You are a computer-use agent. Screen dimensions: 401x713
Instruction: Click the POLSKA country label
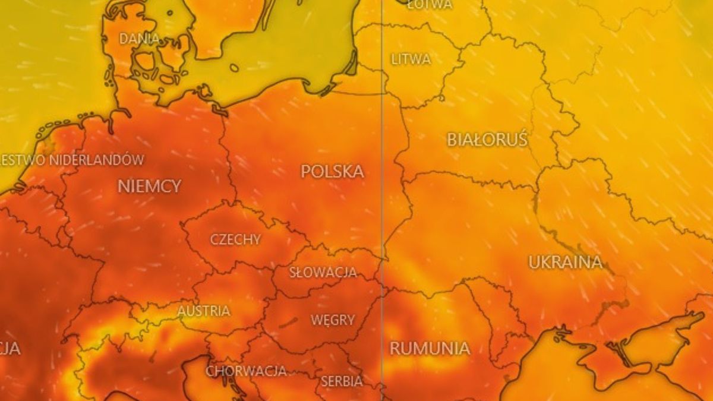point(332,172)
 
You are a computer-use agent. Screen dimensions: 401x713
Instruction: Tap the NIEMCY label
point(149,186)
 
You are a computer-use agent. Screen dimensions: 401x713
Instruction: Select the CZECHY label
point(235,239)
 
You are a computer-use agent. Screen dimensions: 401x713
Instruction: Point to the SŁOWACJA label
point(323,273)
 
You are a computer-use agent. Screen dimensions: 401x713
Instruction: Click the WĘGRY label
point(333,320)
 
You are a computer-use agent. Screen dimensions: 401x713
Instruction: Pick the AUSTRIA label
point(204,311)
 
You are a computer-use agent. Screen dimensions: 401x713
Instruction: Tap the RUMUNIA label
point(430,348)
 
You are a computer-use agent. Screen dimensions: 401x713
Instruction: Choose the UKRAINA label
point(565,262)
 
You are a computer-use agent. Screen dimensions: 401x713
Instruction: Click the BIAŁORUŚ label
point(487,140)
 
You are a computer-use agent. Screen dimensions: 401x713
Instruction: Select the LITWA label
point(411,59)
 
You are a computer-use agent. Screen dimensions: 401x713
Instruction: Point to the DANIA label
point(140,39)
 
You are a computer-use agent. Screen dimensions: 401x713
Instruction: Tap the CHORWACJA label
point(246,371)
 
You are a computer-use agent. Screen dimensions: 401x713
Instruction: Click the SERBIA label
point(342,381)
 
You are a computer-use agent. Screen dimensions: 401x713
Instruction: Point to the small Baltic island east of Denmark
point(234,68)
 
